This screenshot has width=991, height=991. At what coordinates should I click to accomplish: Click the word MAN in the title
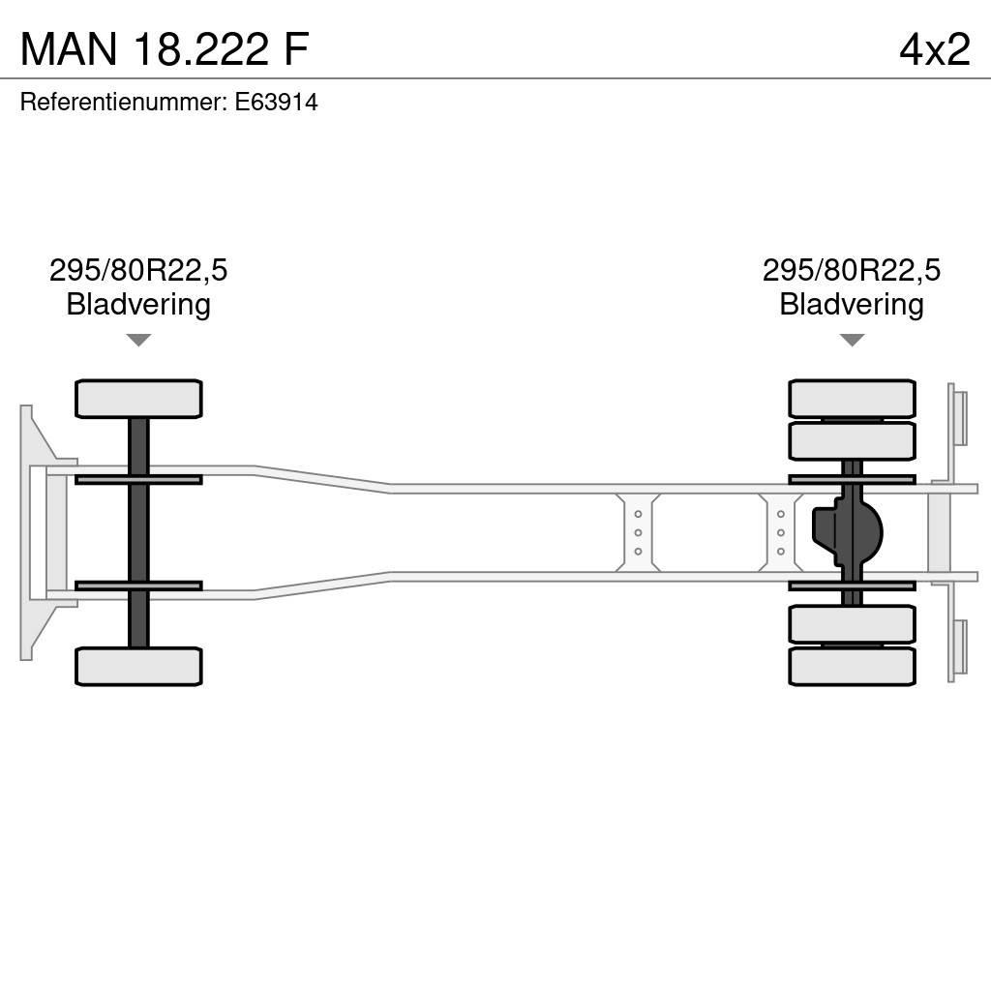69,48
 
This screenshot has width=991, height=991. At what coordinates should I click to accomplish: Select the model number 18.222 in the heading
201,48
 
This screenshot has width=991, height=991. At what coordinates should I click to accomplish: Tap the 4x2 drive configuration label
935,49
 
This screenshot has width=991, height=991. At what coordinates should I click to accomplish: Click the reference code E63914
276,102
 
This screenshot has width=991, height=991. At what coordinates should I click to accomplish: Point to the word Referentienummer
124,102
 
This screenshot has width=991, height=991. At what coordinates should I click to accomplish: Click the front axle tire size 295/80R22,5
138,270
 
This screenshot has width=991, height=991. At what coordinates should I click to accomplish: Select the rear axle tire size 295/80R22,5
852,270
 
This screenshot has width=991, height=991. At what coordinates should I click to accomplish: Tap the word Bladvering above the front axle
138,304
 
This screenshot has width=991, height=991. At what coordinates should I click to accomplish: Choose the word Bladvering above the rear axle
852,304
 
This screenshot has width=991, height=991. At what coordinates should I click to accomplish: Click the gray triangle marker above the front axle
138,340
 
